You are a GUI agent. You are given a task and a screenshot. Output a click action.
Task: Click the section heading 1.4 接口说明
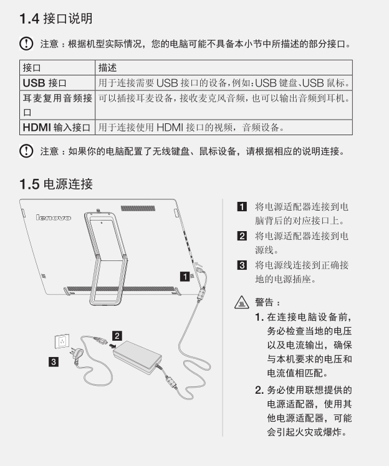56,19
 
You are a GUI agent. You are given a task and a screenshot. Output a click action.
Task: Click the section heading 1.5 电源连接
56,184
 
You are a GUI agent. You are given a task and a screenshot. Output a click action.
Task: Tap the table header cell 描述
107,68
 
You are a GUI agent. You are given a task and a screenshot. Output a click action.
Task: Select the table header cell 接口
32,68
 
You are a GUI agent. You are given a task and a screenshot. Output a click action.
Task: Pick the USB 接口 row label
45,83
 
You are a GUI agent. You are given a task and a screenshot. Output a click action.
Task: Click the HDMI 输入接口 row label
57,128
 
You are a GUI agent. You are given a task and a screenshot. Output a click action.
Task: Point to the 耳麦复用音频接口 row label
57,105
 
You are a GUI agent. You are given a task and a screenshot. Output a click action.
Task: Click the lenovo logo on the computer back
54,217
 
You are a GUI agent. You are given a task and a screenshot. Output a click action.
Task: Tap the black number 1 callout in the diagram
185,277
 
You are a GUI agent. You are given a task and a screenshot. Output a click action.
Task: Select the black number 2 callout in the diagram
117,336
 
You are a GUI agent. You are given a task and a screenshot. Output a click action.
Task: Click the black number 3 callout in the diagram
54,362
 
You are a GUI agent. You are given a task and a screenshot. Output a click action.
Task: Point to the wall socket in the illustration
62,341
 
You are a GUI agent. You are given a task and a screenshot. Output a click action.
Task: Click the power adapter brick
137,357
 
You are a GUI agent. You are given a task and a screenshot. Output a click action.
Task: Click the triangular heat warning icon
242,303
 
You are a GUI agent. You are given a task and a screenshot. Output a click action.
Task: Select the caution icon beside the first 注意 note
26,44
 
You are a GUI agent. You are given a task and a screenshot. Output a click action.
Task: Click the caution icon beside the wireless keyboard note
26,151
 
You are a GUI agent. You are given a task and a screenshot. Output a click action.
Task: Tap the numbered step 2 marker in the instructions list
242,236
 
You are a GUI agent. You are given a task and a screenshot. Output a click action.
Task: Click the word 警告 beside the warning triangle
264,303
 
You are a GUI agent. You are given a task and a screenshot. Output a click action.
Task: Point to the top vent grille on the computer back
138,208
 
